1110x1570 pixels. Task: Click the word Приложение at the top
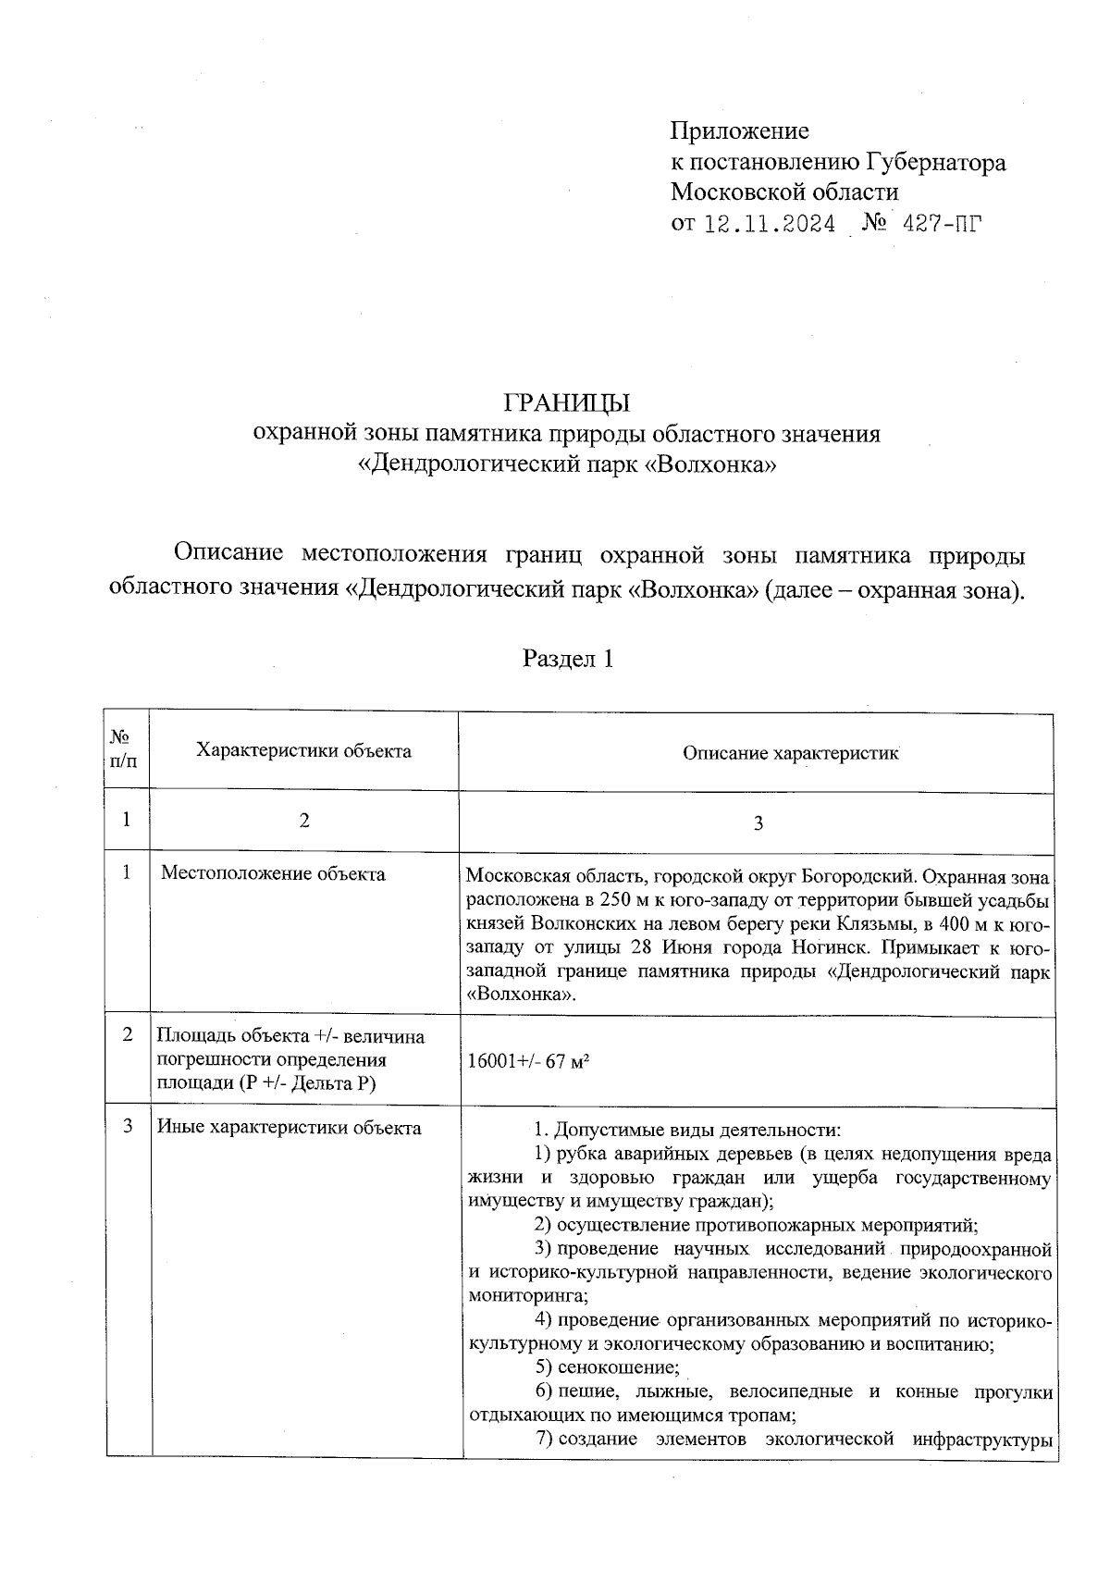(x=739, y=131)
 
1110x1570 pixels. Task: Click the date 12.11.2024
(x=770, y=225)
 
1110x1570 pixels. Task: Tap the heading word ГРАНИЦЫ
(x=566, y=402)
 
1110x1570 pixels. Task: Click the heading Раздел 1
(x=568, y=659)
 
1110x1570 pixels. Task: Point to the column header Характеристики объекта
(x=303, y=751)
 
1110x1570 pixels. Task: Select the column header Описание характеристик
(x=791, y=753)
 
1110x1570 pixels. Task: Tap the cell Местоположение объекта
(x=273, y=873)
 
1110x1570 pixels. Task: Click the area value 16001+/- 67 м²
(x=528, y=1061)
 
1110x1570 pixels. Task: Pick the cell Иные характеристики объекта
(x=289, y=1128)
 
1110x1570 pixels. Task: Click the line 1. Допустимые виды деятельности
(x=687, y=1130)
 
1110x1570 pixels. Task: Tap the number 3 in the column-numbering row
(x=758, y=823)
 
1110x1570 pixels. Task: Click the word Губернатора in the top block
(x=936, y=163)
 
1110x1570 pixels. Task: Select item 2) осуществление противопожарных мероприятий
(x=756, y=1226)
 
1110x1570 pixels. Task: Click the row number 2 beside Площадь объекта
(x=127, y=1034)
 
